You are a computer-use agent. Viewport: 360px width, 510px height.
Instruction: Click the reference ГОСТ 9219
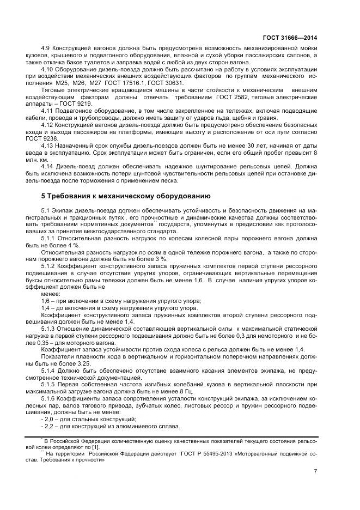[x=76, y=104]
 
